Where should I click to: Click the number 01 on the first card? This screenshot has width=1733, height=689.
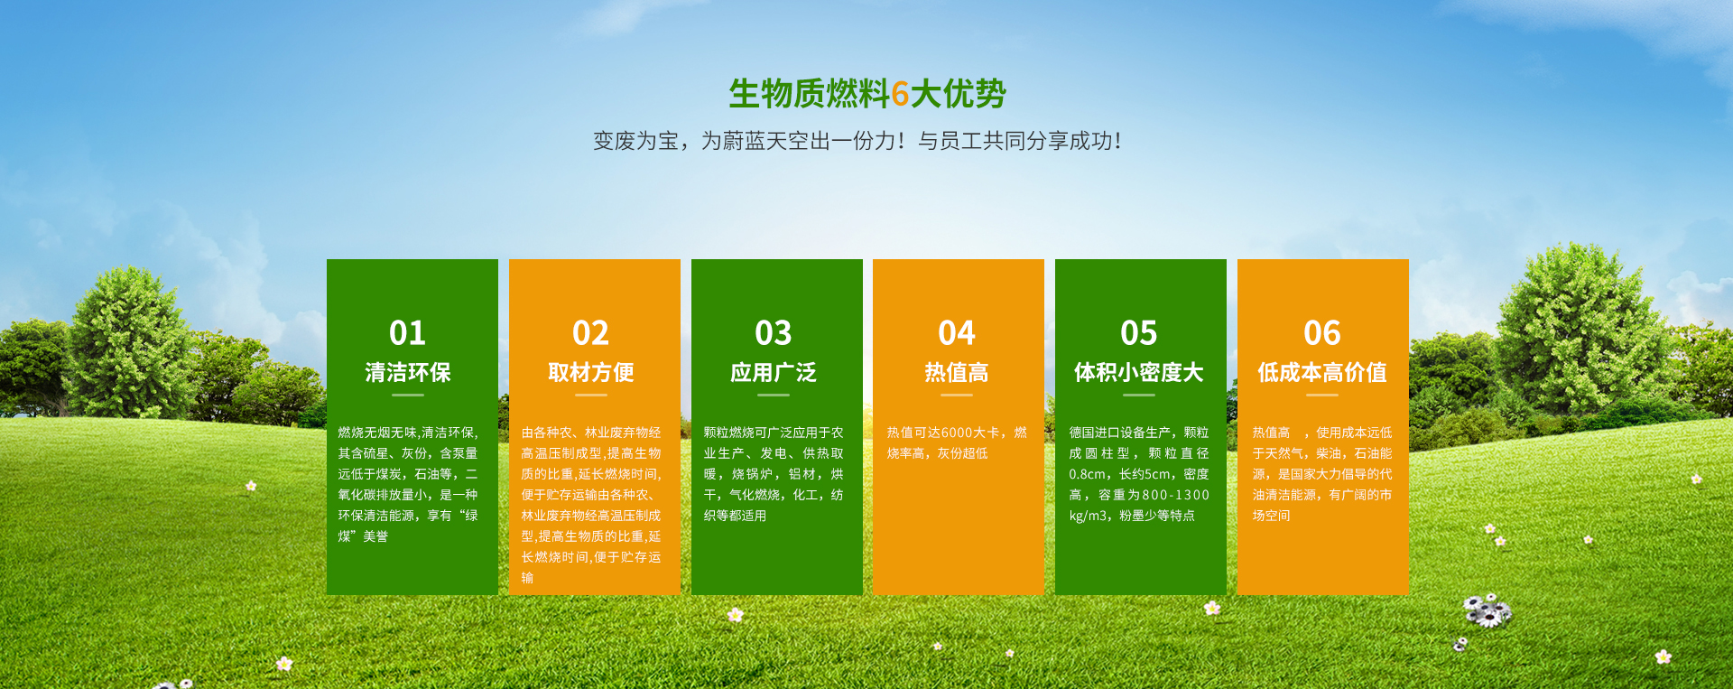pyautogui.click(x=407, y=333)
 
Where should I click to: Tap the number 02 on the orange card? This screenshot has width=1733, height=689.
pyautogui.click(x=590, y=333)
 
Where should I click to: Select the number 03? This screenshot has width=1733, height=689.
pyautogui.click(x=774, y=333)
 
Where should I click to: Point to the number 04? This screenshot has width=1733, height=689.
pyautogui.click(x=957, y=333)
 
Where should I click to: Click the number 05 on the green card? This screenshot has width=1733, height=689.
pyautogui.click(x=1139, y=333)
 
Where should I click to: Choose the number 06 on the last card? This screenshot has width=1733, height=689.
pyautogui.click(x=1322, y=333)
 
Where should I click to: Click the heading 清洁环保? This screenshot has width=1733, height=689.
pyautogui.click(x=408, y=373)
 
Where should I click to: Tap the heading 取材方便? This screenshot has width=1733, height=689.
pyautogui.click(x=591, y=373)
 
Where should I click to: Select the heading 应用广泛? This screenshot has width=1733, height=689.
pyautogui.click(x=774, y=373)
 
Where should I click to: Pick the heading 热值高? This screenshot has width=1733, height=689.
pyautogui.click(x=957, y=373)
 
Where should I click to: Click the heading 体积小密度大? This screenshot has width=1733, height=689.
pyautogui.click(x=1139, y=373)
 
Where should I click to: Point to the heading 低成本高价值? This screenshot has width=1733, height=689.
pyautogui.click(x=1322, y=373)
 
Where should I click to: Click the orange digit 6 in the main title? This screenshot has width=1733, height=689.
pyautogui.click(x=900, y=94)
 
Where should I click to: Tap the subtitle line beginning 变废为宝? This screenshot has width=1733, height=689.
pyautogui.click(x=857, y=141)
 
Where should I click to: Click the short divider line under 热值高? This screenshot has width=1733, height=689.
pyautogui.click(x=957, y=395)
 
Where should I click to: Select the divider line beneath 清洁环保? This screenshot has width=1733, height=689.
pyautogui.click(x=408, y=395)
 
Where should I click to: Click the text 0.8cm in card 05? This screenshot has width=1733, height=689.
pyautogui.click(x=1088, y=474)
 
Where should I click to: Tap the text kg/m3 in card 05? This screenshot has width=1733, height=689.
pyautogui.click(x=1088, y=516)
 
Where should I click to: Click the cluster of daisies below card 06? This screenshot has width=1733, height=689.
pyautogui.click(x=1486, y=611)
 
